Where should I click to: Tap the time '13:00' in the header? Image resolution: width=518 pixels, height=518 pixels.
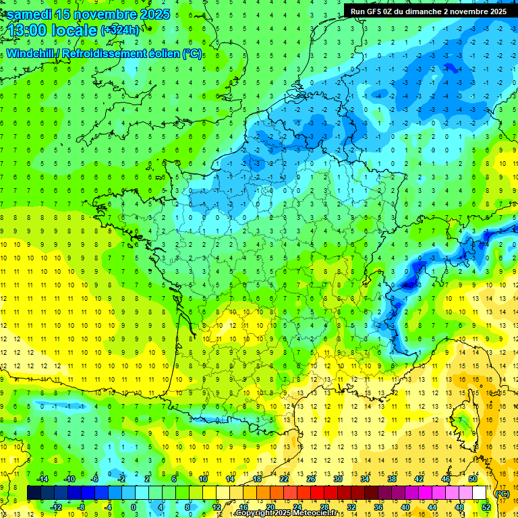pyautogui.click(x=28, y=30)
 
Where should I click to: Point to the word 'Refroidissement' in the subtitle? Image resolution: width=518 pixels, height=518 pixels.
pyautogui.click(x=109, y=54)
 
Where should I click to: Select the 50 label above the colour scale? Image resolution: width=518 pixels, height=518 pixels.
pyautogui.click(x=472, y=479)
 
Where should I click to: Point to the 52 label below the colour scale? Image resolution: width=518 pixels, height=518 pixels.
pyautogui.click(x=486, y=507)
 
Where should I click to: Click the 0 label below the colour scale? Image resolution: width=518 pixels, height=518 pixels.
pyautogui.click(x=134, y=507)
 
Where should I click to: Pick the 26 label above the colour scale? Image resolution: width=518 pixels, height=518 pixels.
pyautogui.click(x=310, y=479)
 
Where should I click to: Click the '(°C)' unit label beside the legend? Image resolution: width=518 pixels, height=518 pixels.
pyautogui.click(x=502, y=494)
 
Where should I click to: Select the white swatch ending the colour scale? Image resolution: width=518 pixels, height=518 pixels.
pyautogui.click(x=479, y=493)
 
